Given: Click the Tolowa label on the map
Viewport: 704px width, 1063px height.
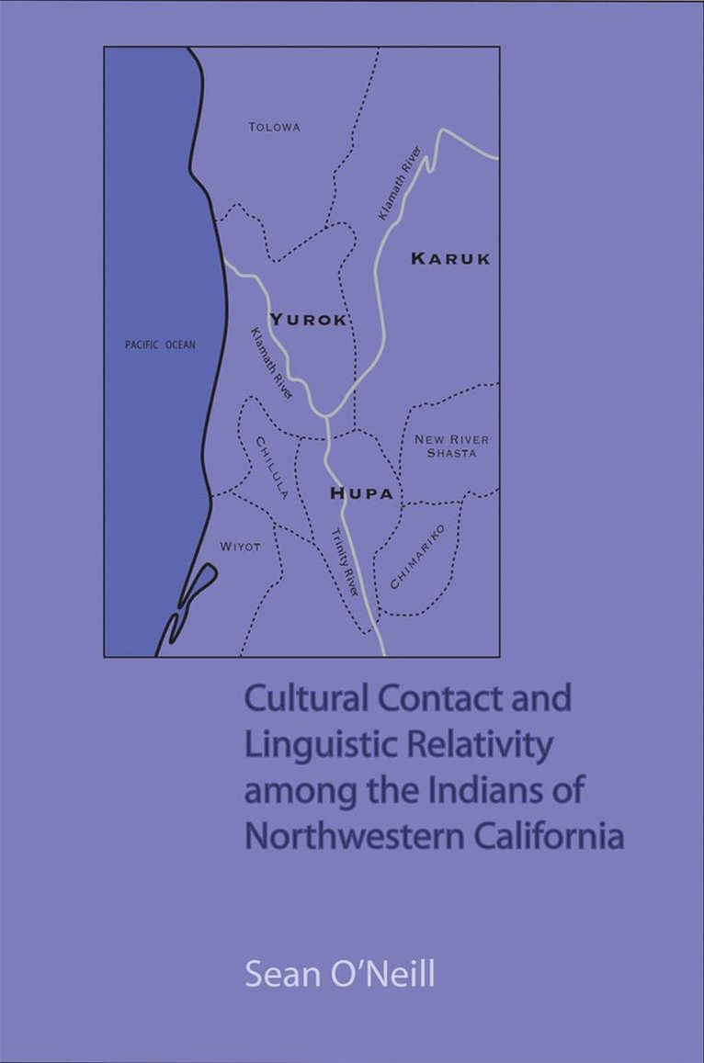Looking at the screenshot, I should click(274, 127).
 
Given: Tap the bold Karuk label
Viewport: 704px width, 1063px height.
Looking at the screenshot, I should click(450, 259).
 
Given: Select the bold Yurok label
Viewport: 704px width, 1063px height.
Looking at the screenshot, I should click(309, 320).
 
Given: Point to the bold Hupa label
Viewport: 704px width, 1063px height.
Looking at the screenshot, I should click(362, 494).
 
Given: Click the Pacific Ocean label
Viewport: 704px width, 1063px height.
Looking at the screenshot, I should click(160, 345).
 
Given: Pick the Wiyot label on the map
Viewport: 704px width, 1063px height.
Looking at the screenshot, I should click(240, 547).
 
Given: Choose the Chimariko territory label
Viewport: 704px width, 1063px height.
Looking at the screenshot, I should click(417, 557).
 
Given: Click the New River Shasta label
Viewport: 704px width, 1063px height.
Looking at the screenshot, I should click(446, 447).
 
